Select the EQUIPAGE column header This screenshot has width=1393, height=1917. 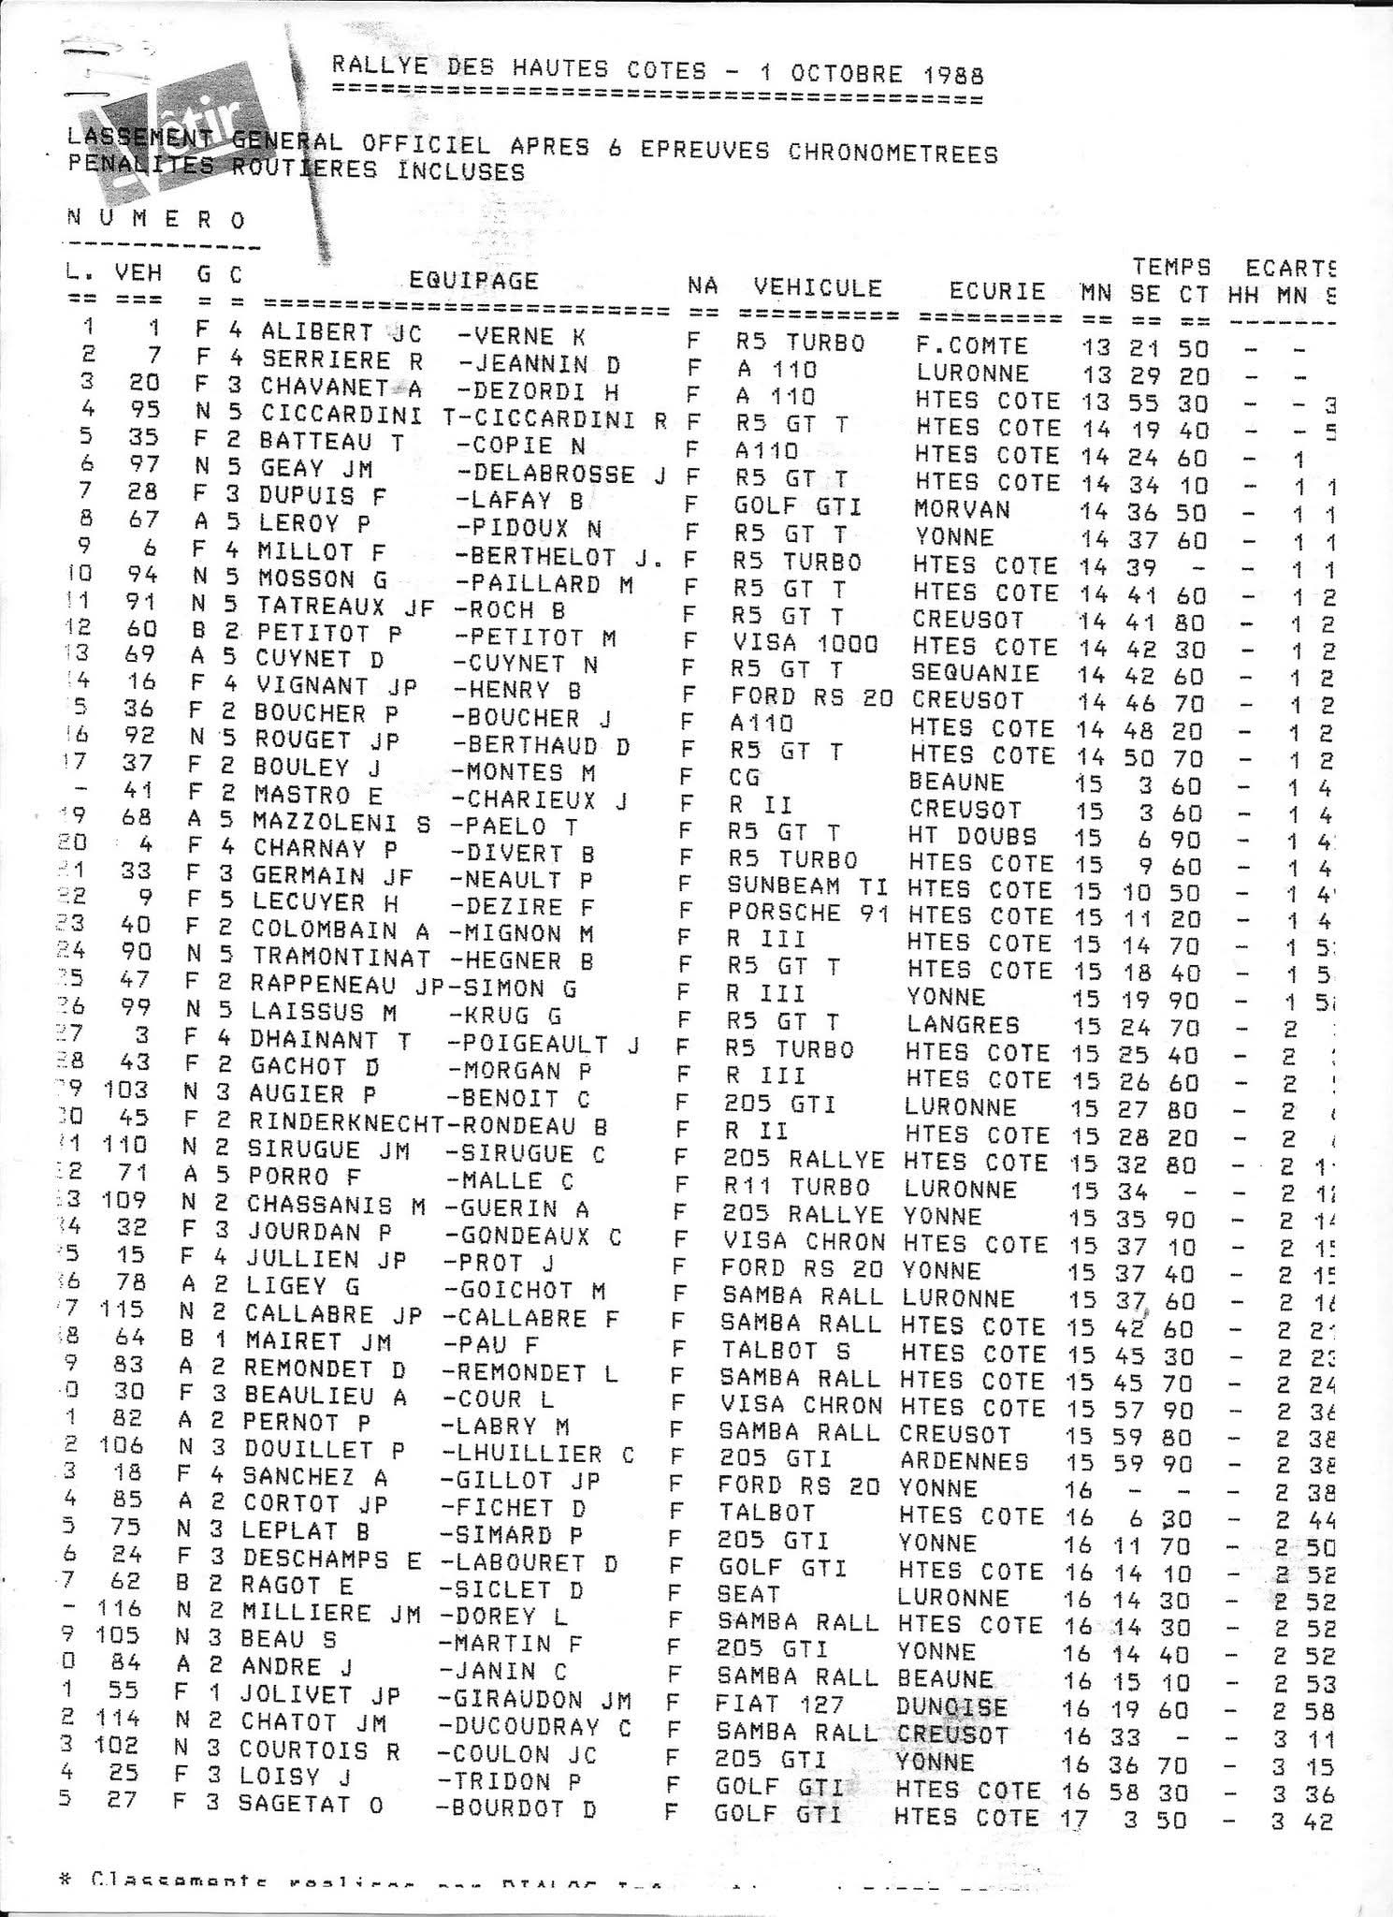(474, 281)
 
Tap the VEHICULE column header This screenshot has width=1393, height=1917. (819, 287)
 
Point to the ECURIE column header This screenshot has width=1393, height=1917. (997, 290)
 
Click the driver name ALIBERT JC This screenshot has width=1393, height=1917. (341, 333)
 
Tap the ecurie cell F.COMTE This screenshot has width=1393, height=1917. (972, 346)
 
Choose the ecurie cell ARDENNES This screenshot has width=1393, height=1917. (965, 1460)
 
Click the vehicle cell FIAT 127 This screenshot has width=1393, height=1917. (779, 1704)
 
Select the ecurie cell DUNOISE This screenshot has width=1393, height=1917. (951, 1706)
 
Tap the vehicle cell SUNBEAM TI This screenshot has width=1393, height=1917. (807, 886)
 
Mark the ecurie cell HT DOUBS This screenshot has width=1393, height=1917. (972, 836)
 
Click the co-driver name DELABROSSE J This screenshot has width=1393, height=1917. (562, 474)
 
